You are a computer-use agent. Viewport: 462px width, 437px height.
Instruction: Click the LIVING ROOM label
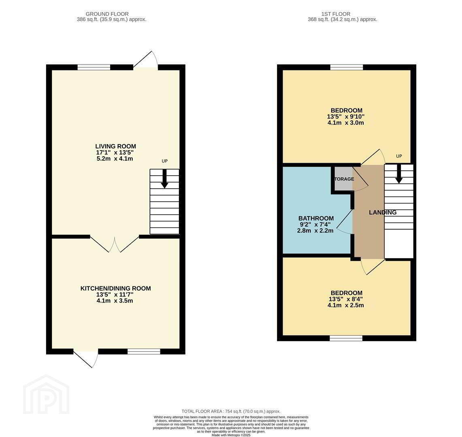point(115,146)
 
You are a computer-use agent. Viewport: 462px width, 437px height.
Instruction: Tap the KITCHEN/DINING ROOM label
point(115,289)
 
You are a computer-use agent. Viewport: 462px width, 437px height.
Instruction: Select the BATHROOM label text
point(316,218)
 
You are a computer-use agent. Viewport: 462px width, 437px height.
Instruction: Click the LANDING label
point(383,212)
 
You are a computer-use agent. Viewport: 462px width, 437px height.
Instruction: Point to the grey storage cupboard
point(343,179)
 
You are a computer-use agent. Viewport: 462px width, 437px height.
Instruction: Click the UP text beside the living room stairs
point(164,161)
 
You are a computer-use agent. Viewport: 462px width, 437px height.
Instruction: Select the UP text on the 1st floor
point(399,156)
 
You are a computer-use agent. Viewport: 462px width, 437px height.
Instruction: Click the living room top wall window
point(94,67)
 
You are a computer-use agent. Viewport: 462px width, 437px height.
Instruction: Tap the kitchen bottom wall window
point(144,351)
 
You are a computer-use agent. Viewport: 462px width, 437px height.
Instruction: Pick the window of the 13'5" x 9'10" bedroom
point(347,67)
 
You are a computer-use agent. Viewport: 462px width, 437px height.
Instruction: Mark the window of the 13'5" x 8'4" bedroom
point(346,338)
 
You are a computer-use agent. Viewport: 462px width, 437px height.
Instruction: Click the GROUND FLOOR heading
point(107,14)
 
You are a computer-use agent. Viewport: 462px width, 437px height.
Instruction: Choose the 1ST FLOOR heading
point(336,14)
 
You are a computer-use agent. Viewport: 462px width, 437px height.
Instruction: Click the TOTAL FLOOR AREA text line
point(231,412)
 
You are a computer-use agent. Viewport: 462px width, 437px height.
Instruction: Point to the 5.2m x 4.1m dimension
point(115,159)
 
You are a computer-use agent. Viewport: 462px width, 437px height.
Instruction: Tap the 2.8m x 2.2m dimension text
point(315,231)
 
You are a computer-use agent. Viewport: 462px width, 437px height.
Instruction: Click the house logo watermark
point(46,394)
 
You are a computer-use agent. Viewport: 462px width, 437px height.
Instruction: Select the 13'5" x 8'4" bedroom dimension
point(346,299)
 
